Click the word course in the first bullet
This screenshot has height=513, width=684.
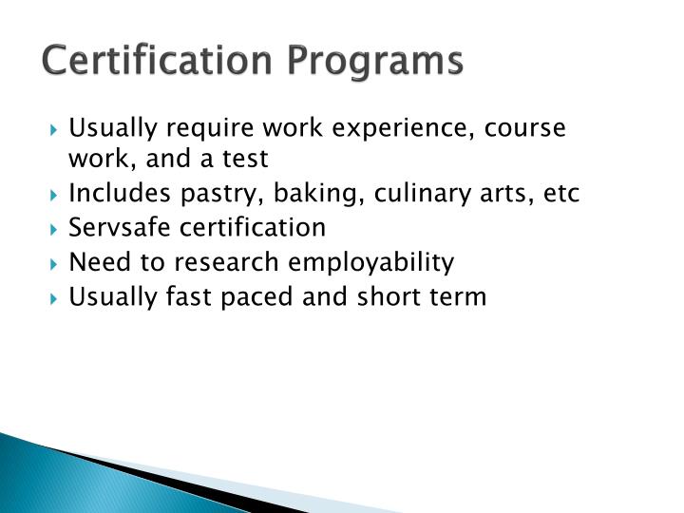[x=525, y=127]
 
